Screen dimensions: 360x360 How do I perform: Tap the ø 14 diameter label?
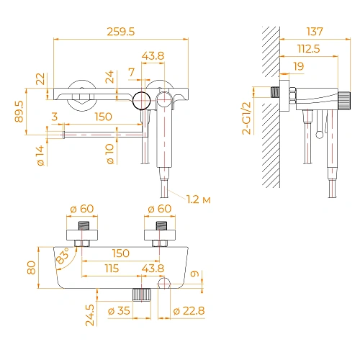click(41, 156)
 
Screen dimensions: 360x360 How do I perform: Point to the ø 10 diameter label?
click(110, 156)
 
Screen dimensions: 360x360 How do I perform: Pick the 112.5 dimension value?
click(310, 48)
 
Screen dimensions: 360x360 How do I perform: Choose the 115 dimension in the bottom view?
click(111, 267)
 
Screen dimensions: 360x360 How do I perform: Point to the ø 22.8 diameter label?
click(188, 311)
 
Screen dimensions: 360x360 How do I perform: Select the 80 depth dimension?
click(30, 267)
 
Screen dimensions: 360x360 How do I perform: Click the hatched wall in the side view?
click(269, 108)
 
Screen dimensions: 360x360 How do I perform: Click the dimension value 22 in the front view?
click(40, 78)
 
